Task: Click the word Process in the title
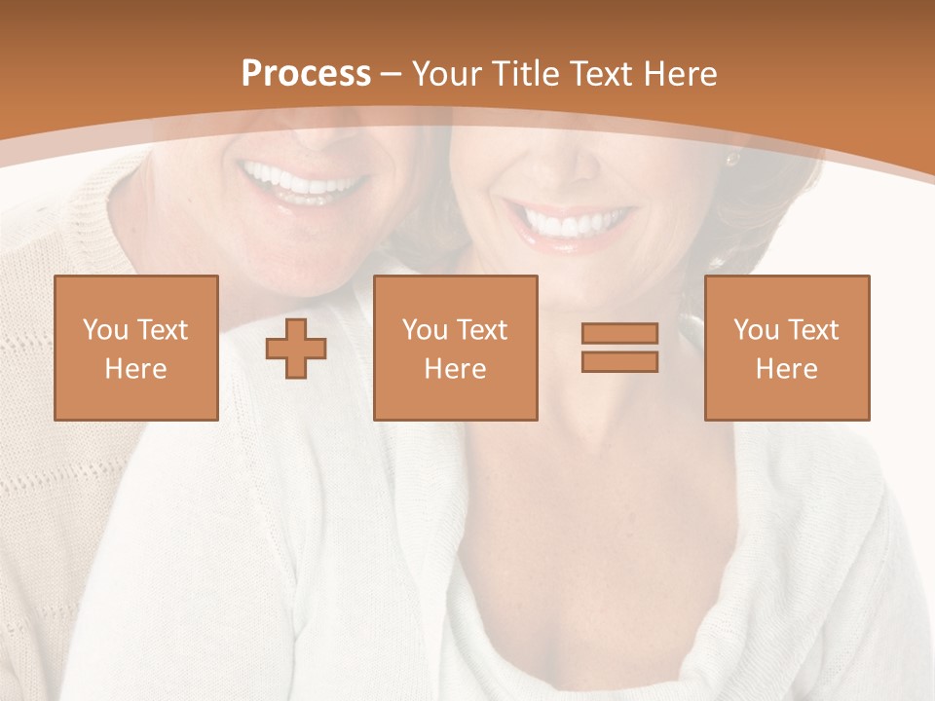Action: [x=306, y=74]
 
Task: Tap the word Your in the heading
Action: [x=447, y=74]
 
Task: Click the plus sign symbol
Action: [x=296, y=349]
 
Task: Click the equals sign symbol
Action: [x=619, y=348]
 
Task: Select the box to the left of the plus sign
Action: [x=136, y=348]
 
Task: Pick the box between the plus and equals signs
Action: [x=456, y=348]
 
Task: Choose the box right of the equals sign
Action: [x=787, y=348]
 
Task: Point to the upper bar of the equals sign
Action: [x=619, y=334]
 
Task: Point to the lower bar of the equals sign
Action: [x=619, y=361]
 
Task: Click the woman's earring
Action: [x=731, y=158]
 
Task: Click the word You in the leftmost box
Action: [x=104, y=330]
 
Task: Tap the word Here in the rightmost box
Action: [x=787, y=369]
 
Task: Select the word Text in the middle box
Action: [x=482, y=330]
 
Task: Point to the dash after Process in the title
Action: [x=392, y=74]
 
